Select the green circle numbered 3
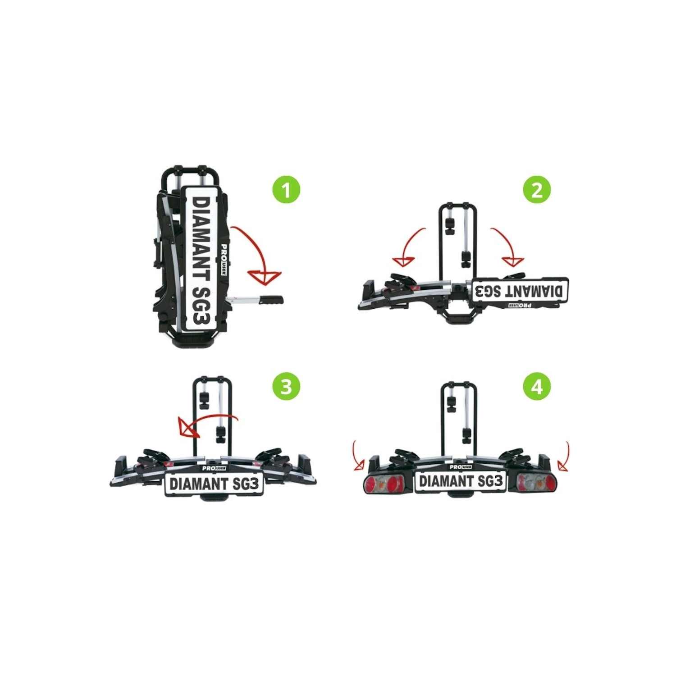[x=286, y=387]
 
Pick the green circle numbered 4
[x=537, y=387]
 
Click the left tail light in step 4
[x=384, y=484]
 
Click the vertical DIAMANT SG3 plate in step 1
[x=201, y=260]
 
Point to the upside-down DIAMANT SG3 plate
[x=519, y=290]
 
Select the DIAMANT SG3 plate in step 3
[x=214, y=484]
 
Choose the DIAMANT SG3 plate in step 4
[x=461, y=481]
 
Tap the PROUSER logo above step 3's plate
[x=214, y=468]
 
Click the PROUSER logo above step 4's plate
[x=461, y=466]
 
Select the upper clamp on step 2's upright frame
[x=450, y=226]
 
